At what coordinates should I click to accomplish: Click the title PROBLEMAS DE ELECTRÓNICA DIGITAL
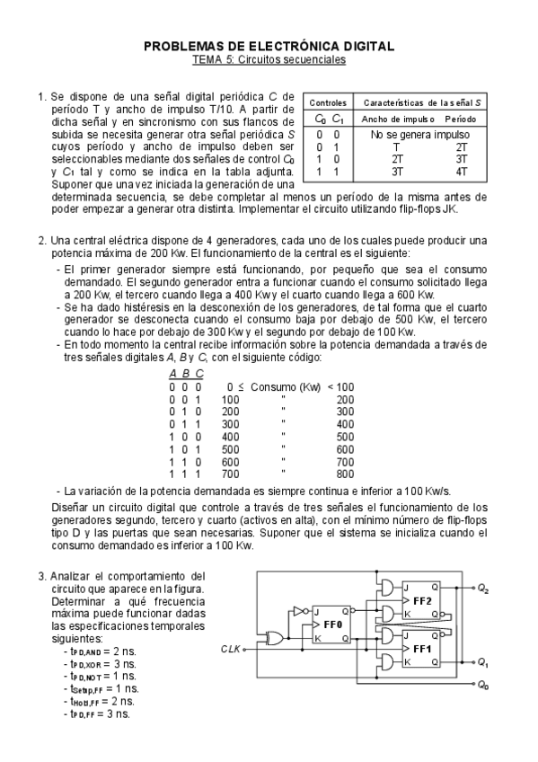coord(269,45)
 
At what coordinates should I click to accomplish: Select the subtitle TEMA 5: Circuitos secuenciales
coord(269,58)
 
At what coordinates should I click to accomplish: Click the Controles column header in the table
coord(322,103)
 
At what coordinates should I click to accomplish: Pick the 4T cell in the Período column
coord(461,170)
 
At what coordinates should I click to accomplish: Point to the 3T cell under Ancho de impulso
coord(396,170)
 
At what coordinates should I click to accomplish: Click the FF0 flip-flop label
coord(333,623)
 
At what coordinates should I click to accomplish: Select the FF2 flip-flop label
coord(422,600)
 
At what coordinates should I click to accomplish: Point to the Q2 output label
coord(483,589)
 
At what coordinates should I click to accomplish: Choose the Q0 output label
coord(483,686)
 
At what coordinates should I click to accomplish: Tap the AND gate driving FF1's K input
coord(387,662)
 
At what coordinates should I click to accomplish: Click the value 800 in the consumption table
coord(345,474)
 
